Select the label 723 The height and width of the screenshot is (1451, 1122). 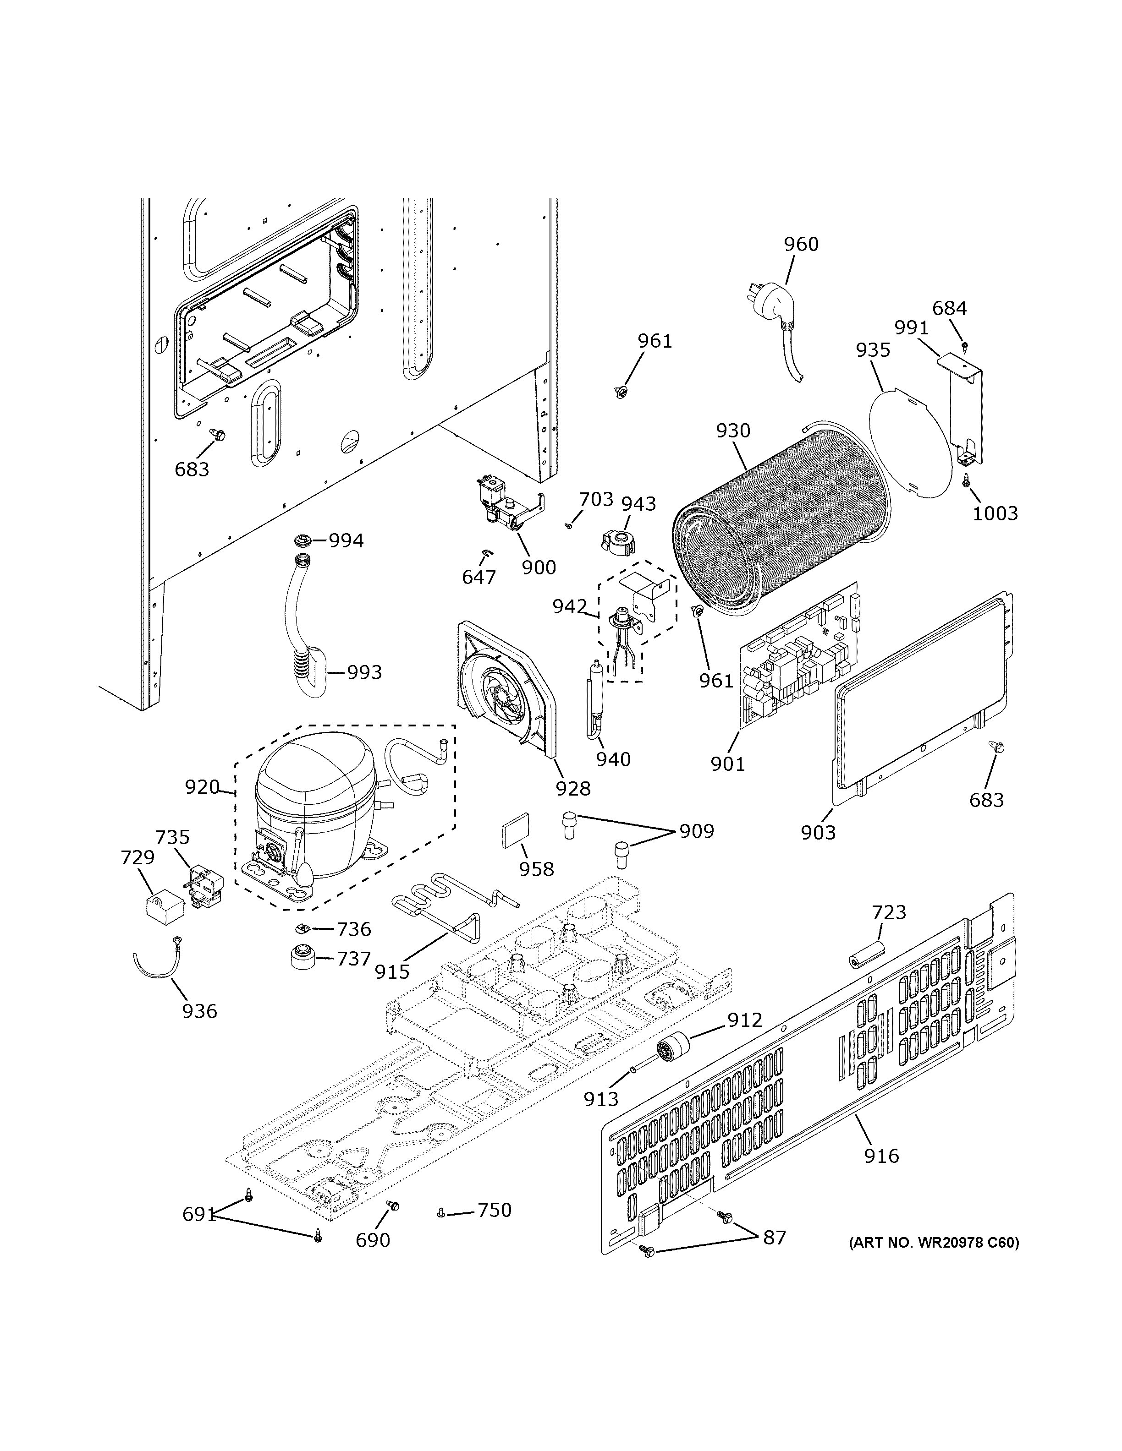[889, 912]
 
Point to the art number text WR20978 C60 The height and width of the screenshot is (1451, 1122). [933, 1243]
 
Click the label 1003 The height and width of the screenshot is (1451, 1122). [995, 513]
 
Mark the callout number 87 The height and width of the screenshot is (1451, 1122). [774, 1237]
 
